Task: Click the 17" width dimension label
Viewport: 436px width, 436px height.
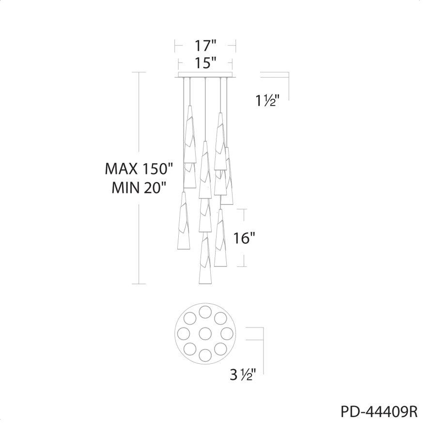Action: pyautogui.click(x=205, y=46)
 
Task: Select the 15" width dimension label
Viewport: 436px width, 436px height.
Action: pyautogui.click(x=205, y=62)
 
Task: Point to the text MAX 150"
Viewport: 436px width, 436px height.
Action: pyautogui.click(x=139, y=169)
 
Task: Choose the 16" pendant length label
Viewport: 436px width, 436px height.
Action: pyautogui.click(x=244, y=238)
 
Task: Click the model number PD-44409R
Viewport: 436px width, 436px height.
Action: pyautogui.click(x=379, y=412)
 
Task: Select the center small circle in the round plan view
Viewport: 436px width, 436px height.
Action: pyautogui.click(x=205, y=333)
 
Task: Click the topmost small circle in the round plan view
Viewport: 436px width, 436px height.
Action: pyautogui.click(x=205, y=311)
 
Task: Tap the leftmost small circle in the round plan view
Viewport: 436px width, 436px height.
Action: pyautogui.click(x=184, y=333)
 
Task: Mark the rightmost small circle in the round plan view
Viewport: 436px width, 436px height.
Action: pyautogui.click(x=227, y=333)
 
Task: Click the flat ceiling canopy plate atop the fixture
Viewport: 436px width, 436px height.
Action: pyautogui.click(x=205, y=76)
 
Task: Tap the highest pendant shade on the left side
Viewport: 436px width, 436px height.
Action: pyautogui.click(x=190, y=133)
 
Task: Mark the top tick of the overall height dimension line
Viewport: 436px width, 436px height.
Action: pyautogui.click(x=139, y=72)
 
